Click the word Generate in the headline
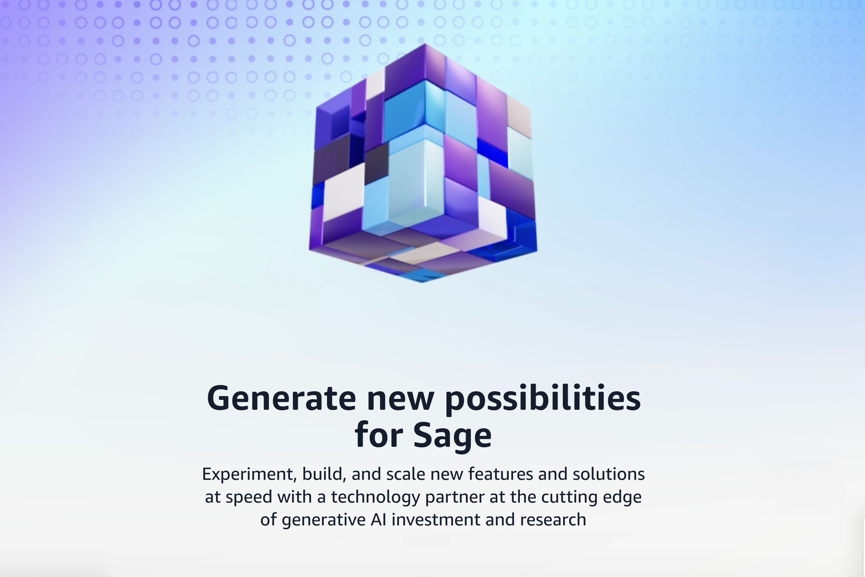[281, 399]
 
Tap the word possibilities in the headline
[543, 399]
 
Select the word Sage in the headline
[452, 435]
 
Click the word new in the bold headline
[401, 399]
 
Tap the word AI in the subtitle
[378, 519]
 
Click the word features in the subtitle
[501, 474]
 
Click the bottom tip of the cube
[421, 282]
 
